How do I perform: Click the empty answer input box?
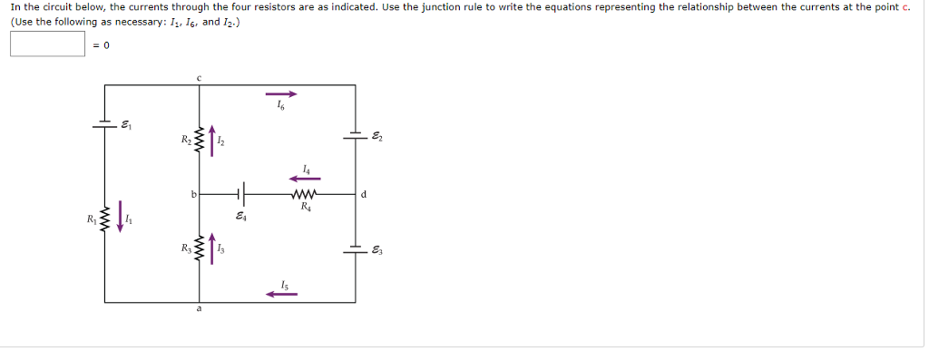pos(48,44)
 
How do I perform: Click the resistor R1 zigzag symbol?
pos(103,219)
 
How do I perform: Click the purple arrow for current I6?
pos(280,92)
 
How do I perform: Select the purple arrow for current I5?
pos(280,293)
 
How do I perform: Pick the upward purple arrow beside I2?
pos(214,142)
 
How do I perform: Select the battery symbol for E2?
pos(355,137)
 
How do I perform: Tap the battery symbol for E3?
pos(355,248)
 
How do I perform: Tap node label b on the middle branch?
pos(192,193)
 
